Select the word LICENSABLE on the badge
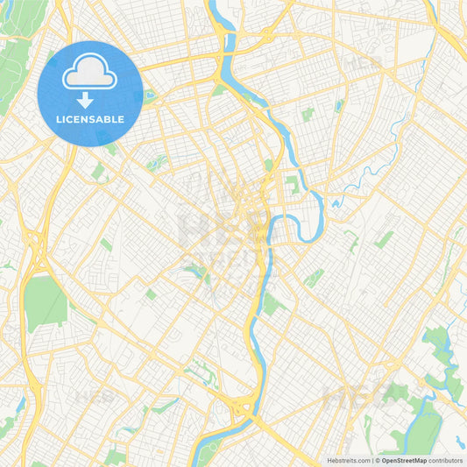point(91,119)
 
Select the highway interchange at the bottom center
point(239,405)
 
